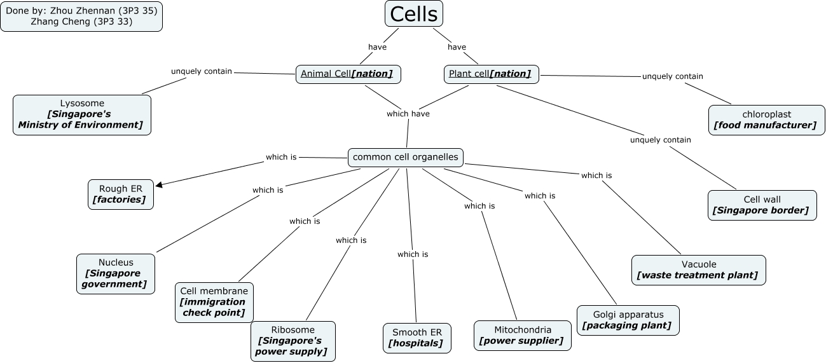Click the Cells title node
click(413, 13)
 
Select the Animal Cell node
click(348, 74)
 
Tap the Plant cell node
click(491, 74)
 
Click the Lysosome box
click(82, 114)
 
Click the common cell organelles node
click(406, 157)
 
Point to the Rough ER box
click(121, 194)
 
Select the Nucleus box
click(116, 273)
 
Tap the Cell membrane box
click(214, 302)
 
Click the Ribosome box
click(293, 341)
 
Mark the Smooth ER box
click(417, 338)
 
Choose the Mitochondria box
click(522, 335)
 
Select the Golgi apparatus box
click(628, 320)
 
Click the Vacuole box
click(698, 270)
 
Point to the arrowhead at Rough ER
click(159, 185)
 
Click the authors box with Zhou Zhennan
click(81, 16)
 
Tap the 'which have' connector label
click(408, 114)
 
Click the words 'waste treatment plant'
click(698, 275)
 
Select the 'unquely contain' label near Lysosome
click(202, 71)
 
